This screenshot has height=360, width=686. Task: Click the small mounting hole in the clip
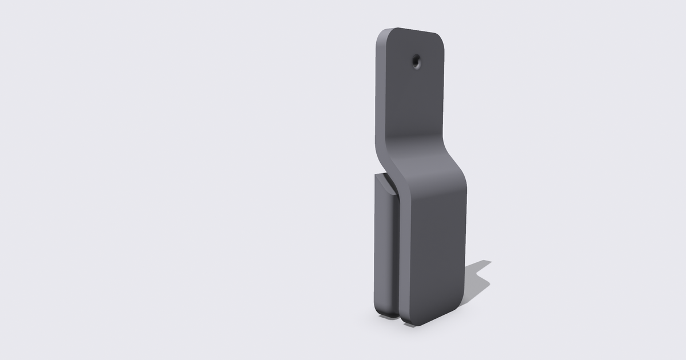pyautogui.click(x=417, y=61)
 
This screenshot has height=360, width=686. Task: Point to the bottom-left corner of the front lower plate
pyautogui.click(x=407, y=320)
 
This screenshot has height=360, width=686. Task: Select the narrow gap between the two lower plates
pyautogui.click(x=398, y=257)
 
